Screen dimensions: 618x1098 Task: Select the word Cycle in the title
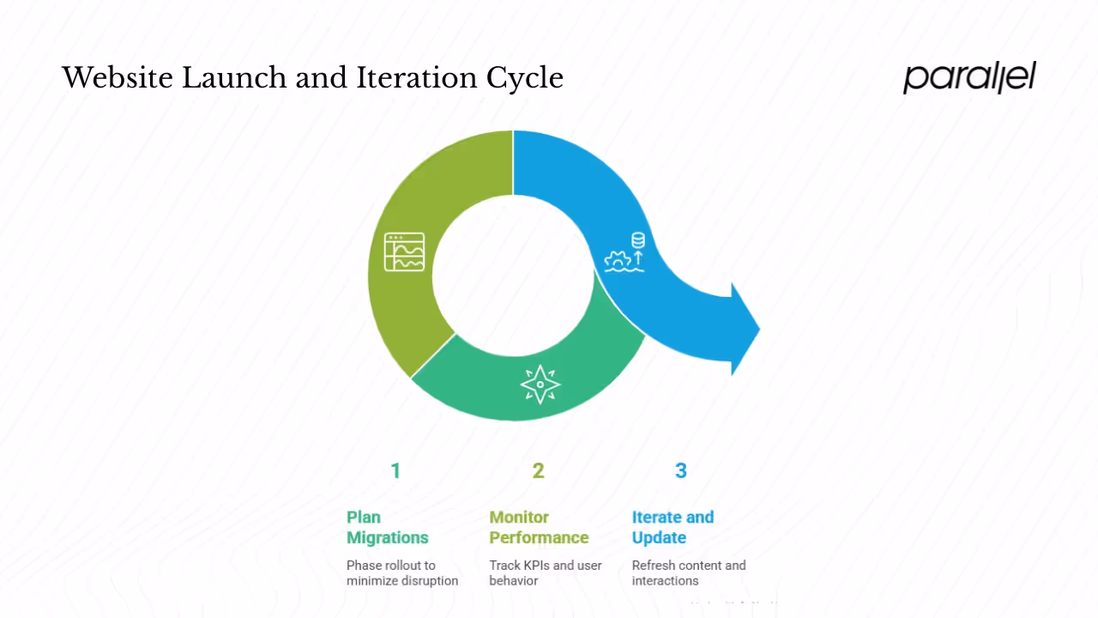525,78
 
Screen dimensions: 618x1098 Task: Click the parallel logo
969,77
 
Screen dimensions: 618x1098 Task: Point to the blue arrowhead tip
758,329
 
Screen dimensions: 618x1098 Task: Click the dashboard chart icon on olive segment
405,252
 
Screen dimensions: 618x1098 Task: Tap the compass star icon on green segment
540,385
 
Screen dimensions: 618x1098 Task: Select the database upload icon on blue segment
626,252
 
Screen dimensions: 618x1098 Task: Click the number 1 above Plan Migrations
395,470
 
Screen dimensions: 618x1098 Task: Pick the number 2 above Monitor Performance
538,470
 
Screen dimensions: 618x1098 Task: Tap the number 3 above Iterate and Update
681,470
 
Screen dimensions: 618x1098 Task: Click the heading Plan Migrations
387,527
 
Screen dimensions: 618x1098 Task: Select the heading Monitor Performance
539,527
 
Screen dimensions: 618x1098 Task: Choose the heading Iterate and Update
673,527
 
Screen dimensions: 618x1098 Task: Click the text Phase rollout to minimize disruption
402,573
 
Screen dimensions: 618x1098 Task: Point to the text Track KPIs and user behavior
546,573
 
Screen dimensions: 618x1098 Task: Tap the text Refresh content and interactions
689,573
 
